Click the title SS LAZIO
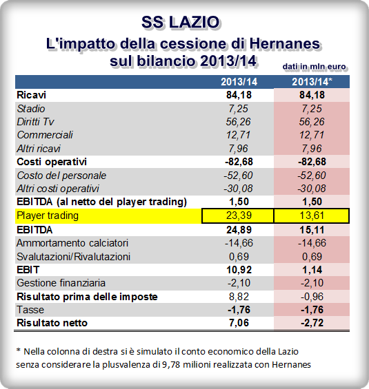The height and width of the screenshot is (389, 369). point(184,21)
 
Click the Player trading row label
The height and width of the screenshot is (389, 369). point(48,215)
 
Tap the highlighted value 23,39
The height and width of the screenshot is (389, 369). point(237,215)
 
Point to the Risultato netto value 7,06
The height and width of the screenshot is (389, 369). point(237,323)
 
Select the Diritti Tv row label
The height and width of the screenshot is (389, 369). point(39,121)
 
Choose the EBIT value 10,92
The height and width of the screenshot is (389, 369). point(237,269)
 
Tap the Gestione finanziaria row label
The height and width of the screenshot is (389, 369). point(60,283)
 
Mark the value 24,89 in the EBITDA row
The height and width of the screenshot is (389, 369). point(237,229)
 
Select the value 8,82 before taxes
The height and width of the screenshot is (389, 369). point(237,296)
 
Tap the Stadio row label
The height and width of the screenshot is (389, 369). point(32,108)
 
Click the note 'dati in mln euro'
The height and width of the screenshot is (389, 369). point(314,66)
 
